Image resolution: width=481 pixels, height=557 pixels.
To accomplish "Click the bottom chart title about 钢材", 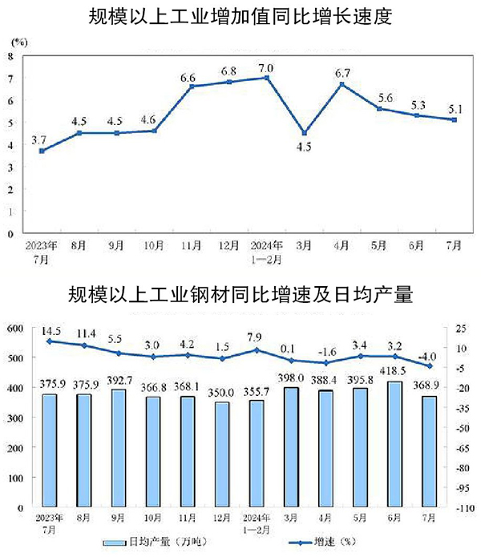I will tap(240, 293).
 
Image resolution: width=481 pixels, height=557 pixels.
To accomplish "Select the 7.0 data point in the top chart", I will tap(267, 78).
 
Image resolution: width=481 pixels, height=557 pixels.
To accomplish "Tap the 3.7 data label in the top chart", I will tap(38, 139).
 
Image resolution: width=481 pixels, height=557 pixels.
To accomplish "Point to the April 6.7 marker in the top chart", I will tap(342, 84).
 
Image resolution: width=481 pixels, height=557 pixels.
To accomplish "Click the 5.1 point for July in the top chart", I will tap(455, 120).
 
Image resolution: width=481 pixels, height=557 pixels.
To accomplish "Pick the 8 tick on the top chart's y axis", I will tap(10, 56).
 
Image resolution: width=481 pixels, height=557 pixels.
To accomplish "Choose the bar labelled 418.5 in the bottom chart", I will tap(417, 444).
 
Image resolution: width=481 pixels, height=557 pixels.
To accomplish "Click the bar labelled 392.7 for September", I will tap(119, 448).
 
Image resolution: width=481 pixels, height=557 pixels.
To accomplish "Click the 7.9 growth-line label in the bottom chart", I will tap(257, 337).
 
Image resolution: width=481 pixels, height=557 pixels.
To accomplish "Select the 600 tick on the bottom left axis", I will tap(14, 329).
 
